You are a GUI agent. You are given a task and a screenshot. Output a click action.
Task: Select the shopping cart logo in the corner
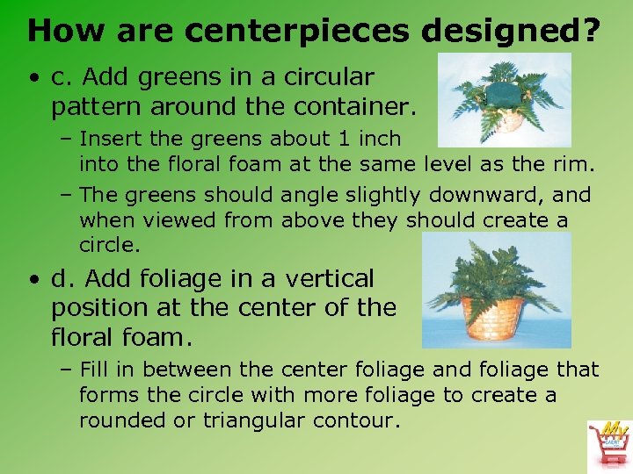(x=608, y=444)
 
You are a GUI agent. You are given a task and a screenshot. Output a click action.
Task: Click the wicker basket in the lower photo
(x=495, y=318)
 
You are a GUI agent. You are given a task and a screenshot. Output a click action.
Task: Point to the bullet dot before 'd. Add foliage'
(x=33, y=280)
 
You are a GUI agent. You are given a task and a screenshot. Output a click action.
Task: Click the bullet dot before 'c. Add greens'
(x=33, y=78)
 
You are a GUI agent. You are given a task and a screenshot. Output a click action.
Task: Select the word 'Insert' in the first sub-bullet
(x=107, y=139)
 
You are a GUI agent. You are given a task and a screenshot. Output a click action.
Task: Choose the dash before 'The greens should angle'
(x=68, y=194)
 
